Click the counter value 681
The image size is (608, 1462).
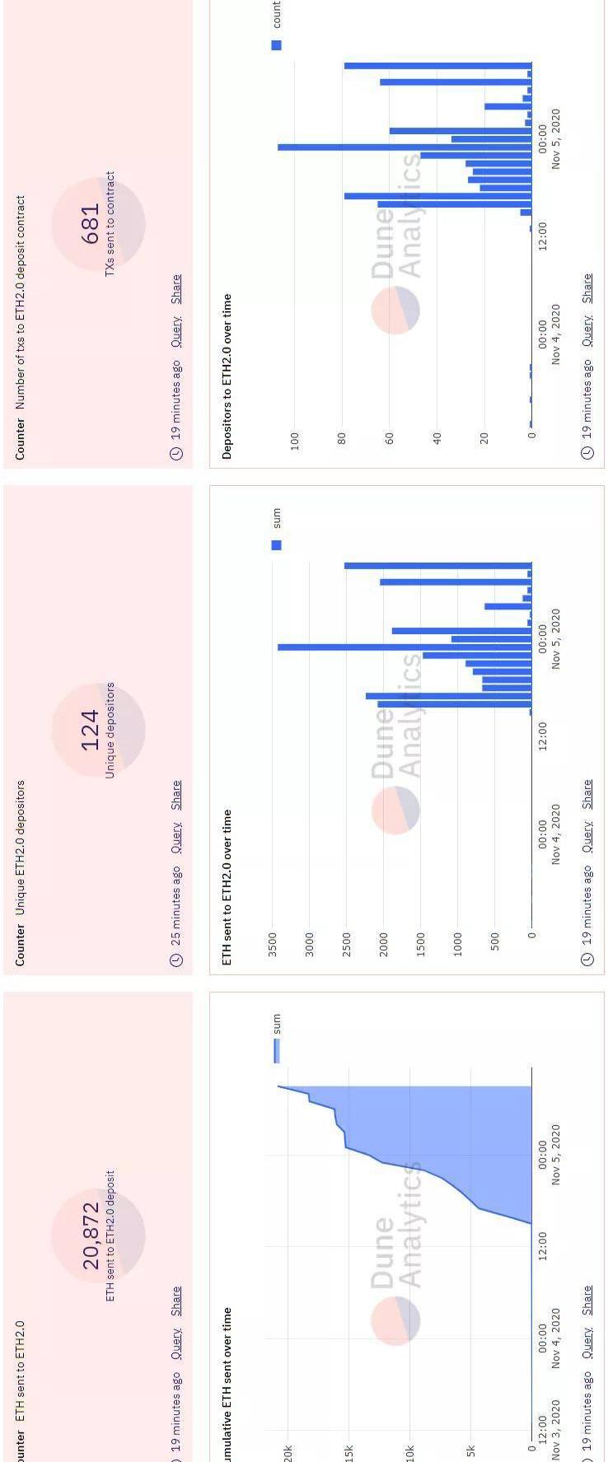coord(91,223)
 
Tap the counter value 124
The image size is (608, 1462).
coord(91,730)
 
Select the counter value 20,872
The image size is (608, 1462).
coord(91,1235)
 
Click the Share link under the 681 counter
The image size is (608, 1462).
coord(175,289)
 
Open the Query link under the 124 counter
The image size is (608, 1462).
coord(175,838)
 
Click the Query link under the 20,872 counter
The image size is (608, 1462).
coord(175,1343)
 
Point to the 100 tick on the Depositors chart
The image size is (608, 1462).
coord(294,440)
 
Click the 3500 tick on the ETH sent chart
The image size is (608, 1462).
coord(273,944)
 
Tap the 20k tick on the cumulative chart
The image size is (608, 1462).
coord(288,1451)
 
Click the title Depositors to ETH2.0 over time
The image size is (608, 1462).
coord(227,376)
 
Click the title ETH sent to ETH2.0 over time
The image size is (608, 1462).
coord(227,886)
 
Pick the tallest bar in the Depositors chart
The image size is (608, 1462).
coord(404,147)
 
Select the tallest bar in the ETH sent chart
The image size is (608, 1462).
coord(404,647)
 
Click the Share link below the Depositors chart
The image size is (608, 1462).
coord(587,288)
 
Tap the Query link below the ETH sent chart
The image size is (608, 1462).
coord(587,837)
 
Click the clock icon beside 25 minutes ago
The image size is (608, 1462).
coord(175,960)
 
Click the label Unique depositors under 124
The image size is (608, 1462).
coord(110,730)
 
